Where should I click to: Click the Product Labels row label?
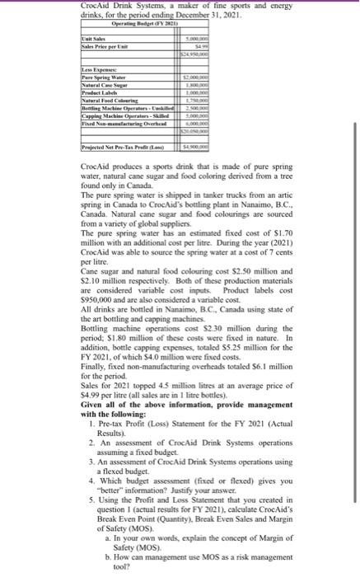click(x=72, y=91)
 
